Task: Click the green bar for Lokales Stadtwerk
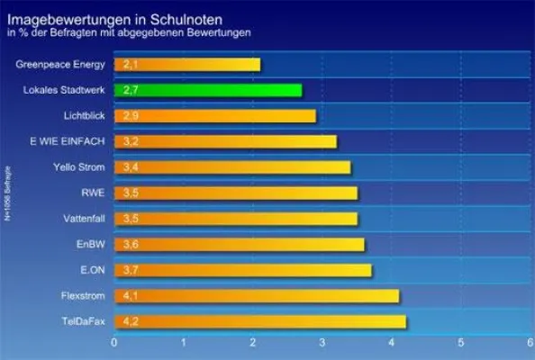207,90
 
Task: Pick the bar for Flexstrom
256,296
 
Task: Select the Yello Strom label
79,167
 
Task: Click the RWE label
94,193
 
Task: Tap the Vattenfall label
82,219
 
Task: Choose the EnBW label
91,244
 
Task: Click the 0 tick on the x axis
114,343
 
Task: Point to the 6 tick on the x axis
530,343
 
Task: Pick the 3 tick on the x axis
322,343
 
